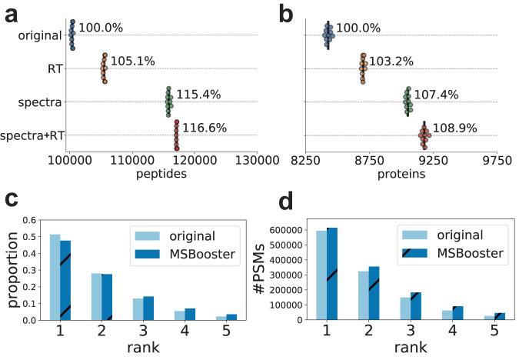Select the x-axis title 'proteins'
click(403, 174)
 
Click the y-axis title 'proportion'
click(12, 270)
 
